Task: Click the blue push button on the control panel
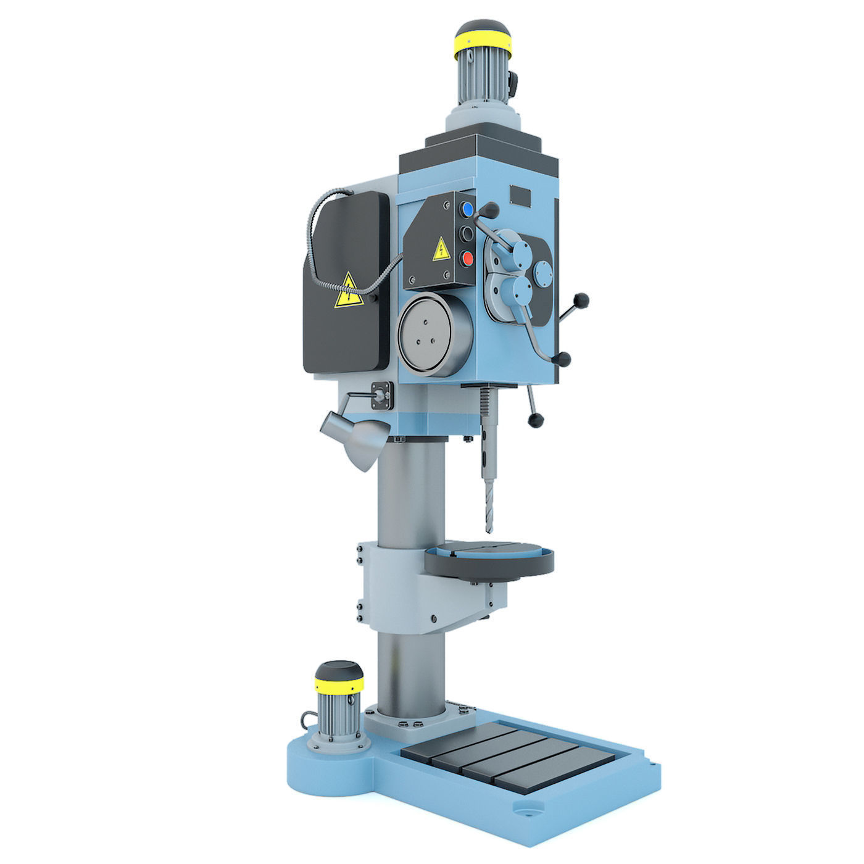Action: coord(468,210)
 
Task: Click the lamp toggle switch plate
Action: coord(381,394)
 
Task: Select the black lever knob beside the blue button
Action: coord(491,212)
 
